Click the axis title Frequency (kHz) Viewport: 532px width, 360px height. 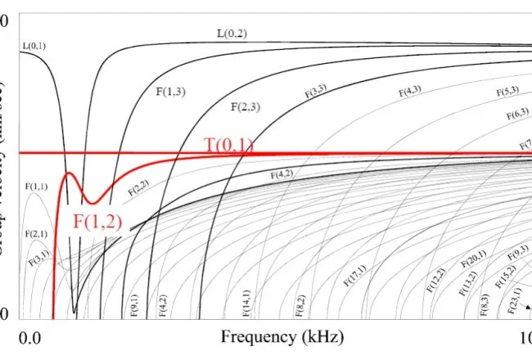[x=282, y=337]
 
